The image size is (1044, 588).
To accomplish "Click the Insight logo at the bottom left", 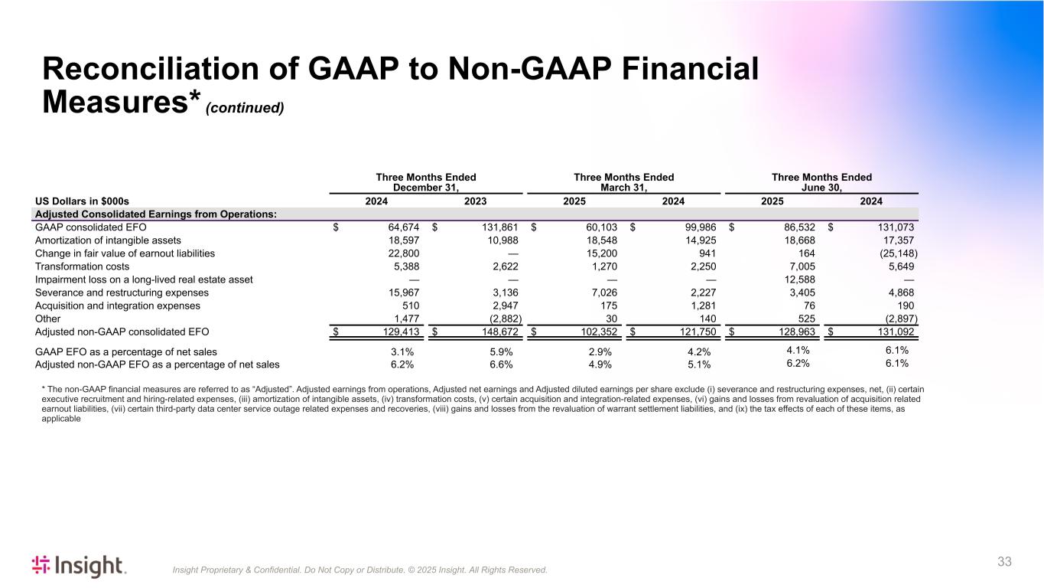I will point(79,566).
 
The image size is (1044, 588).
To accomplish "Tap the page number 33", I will point(1004,562).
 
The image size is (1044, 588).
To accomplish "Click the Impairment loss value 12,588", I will point(798,279).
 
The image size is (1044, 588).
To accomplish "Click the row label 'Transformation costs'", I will point(83,266).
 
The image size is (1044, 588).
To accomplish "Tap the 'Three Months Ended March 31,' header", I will point(623,182).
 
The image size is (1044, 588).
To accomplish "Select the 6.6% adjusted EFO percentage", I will point(501,365).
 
